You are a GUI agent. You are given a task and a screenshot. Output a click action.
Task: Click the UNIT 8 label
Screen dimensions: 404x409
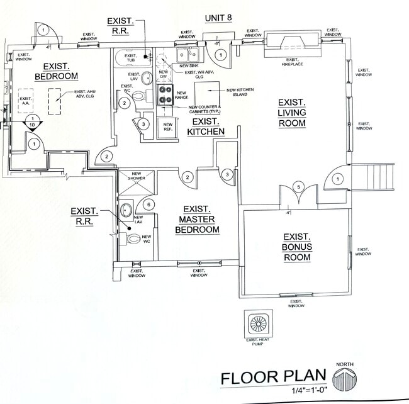coord(218,18)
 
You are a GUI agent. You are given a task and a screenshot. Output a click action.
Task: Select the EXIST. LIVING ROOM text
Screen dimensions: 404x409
coord(291,113)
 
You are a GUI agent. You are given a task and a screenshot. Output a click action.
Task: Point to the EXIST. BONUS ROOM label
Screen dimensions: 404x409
coord(297,247)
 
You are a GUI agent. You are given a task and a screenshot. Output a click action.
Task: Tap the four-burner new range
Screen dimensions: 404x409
coord(165,94)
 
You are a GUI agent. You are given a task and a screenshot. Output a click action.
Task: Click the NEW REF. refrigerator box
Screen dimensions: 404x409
coord(168,126)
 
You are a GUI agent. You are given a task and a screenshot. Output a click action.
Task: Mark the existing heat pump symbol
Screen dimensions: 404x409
coord(259,324)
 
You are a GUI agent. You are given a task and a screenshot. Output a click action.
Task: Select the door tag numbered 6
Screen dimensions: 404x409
coord(148,204)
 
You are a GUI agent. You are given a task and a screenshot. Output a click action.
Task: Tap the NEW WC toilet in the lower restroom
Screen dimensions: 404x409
coord(133,239)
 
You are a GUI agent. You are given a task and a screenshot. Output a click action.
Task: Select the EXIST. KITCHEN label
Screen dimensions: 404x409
coord(206,126)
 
